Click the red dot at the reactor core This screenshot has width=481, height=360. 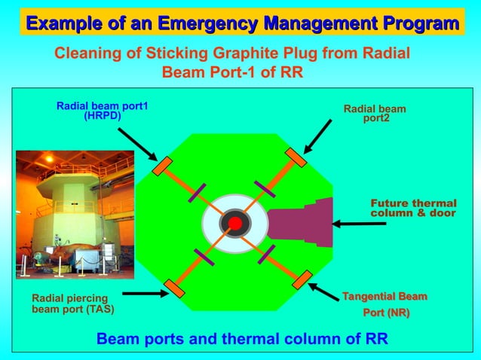(234, 224)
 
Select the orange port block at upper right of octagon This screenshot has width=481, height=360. (295, 158)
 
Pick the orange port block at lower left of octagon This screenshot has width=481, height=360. (174, 288)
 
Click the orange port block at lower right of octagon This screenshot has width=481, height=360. (302, 279)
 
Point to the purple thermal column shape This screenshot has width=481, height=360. (302, 223)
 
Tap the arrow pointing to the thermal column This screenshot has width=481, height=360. (358, 224)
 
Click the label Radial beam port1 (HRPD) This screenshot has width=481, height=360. (102, 111)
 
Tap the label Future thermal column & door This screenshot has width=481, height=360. (413, 209)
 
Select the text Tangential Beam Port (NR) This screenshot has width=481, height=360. (386, 304)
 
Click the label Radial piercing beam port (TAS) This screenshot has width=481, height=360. (72, 304)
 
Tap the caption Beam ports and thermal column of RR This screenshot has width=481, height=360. (242, 338)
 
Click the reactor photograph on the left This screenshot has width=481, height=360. (75, 215)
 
